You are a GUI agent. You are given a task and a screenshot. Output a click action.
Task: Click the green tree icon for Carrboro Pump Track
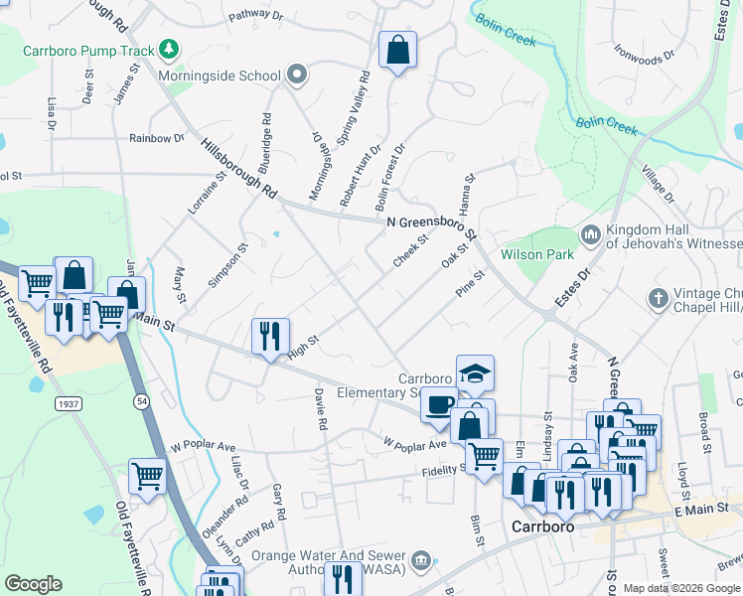170,50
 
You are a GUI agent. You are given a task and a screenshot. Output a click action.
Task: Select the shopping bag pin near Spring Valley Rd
397,51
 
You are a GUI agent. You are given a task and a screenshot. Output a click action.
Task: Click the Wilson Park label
537,255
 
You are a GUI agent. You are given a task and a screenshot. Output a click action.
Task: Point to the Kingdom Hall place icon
591,234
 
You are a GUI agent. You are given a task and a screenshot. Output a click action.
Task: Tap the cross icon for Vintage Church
657,297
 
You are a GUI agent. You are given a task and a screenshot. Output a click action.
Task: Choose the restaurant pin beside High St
270,337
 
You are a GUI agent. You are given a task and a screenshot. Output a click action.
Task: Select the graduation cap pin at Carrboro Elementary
475,373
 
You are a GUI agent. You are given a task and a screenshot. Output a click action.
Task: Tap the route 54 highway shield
143,401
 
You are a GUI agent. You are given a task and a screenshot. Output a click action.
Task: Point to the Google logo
33,583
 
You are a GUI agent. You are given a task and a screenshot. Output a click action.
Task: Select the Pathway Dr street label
255,17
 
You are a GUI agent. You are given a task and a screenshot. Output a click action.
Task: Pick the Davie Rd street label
320,408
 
